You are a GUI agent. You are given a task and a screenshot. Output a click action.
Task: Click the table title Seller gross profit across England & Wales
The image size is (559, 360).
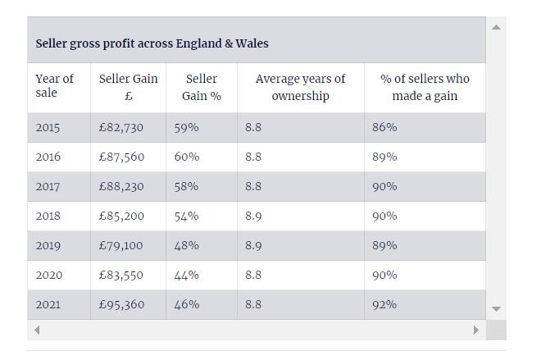(x=152, y=43)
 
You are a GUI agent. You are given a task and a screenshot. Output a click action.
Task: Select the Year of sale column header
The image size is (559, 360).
(x=54, y=86)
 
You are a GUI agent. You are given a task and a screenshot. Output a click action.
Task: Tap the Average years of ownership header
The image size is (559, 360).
(x=300, y=87)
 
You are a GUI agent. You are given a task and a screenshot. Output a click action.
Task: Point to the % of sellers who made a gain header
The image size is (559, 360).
(x=425, y=87)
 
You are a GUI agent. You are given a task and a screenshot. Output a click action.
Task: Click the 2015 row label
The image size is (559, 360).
(x=48, y=127)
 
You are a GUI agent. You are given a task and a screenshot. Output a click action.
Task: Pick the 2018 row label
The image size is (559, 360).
(x=48, y=216)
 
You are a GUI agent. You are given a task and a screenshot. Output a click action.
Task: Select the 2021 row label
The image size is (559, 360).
(x=48, y=304)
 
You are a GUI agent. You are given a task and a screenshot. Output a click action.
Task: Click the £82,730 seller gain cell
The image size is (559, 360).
(x=120, y=127)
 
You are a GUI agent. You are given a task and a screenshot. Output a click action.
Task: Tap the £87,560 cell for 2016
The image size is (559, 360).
(x=120, y=157)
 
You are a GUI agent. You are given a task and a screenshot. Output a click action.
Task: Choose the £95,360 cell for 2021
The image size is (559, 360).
(x=120, y=304)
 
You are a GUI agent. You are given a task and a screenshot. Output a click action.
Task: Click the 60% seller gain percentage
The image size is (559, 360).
(x=186, y=157)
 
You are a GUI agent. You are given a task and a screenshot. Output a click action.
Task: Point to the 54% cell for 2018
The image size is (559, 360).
(x=186, y=216)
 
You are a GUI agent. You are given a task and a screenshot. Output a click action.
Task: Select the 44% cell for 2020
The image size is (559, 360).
(x=186, y=275)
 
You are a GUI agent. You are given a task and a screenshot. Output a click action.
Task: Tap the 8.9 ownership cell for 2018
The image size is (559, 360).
(x=253, y=216)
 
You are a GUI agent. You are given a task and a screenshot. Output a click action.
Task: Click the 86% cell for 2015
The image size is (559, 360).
(x=384, y=127)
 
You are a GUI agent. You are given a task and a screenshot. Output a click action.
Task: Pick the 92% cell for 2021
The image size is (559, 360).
(x=384, y=304)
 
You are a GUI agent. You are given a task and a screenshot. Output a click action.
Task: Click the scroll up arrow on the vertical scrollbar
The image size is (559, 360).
(x=495, y=27)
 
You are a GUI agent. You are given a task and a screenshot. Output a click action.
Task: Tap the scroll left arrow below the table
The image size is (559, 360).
(x=36, y=330)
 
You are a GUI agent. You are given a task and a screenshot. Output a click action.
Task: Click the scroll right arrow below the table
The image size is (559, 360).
(x=475, y=330)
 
